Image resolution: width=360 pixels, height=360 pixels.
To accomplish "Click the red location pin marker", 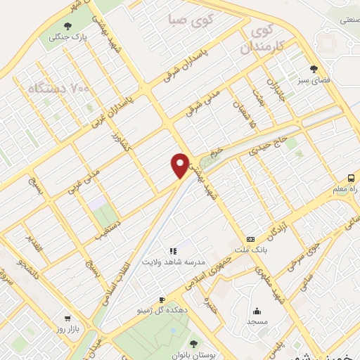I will click(x=180, y=165).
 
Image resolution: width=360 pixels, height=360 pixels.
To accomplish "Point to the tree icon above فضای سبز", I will click(x=314, y=69).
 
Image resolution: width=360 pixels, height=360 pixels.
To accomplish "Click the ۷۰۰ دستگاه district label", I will click(x=60, y=89).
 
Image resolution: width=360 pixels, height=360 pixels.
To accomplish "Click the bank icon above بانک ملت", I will click(x=251, y=240).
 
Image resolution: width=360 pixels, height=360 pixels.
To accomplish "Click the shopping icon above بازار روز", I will click(x=67, y=317).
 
